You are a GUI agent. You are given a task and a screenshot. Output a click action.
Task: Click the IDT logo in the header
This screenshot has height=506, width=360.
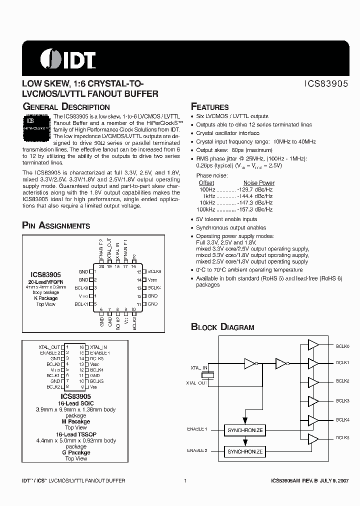[x=67, y=59]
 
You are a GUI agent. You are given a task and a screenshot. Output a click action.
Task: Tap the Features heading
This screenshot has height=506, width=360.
[x=210, y=107]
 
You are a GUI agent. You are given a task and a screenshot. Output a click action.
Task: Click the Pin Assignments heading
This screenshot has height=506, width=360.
[x=56, y=226]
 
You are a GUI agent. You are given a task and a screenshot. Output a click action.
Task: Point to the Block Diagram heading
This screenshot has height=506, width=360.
[x=222, y=327]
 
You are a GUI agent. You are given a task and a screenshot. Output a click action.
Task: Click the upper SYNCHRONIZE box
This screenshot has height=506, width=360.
[x=244, y=430]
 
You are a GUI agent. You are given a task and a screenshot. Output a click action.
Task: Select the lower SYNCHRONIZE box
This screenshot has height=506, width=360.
[x=244, y=451]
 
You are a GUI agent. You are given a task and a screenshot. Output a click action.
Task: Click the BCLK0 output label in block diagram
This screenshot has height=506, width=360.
[x=342, y=346]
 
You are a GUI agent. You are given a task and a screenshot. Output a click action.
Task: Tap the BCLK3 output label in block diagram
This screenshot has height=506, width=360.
[x=342, y=401]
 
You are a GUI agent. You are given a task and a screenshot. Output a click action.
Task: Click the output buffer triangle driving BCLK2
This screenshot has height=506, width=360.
[x=313, y=382]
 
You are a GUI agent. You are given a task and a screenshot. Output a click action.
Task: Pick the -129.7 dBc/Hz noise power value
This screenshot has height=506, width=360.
[x=254, y=190]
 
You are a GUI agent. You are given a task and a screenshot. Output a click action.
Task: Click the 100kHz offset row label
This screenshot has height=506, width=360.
[x=206, y=209]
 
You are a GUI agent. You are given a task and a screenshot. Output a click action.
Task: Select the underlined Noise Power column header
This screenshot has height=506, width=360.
[x=258, y=183]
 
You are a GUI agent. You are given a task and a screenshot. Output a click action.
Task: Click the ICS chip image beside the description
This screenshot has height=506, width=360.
[x=36, y=125]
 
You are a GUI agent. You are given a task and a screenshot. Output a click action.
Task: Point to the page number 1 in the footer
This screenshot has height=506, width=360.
[x=185, y=480]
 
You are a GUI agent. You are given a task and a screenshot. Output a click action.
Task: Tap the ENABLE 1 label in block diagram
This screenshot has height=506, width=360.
[x=197, y=429]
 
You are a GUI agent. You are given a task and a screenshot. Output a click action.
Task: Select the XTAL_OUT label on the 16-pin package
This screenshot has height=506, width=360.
[x=49, y=346]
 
